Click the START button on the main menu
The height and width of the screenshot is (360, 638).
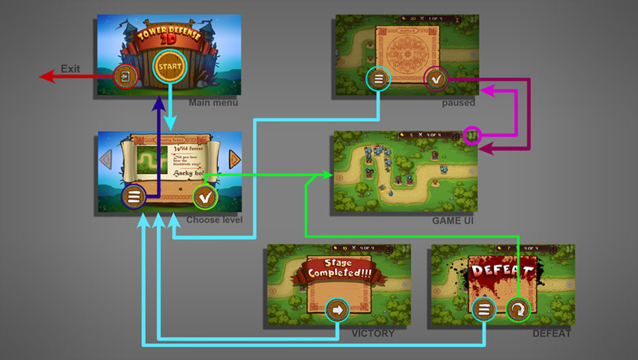170,66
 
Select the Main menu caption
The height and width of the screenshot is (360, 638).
212,103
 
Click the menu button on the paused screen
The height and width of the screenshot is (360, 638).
378,79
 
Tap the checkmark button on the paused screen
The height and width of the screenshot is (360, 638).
436,79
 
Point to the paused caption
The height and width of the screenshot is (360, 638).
458,103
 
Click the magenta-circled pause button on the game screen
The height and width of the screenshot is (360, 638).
471,135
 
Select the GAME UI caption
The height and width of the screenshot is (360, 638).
453,220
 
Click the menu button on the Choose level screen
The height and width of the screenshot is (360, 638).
133,197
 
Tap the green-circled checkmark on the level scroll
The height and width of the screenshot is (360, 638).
205,197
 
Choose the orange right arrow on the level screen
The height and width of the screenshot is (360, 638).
235,158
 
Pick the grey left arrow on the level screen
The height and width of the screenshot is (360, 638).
105,158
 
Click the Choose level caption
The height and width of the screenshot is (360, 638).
215,220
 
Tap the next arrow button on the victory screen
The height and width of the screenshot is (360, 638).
336,310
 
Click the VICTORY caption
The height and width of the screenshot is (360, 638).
373,333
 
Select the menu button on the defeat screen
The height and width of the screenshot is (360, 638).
484,310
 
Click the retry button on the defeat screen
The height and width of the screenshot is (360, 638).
517,310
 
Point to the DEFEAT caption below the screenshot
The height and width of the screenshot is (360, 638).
551,333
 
